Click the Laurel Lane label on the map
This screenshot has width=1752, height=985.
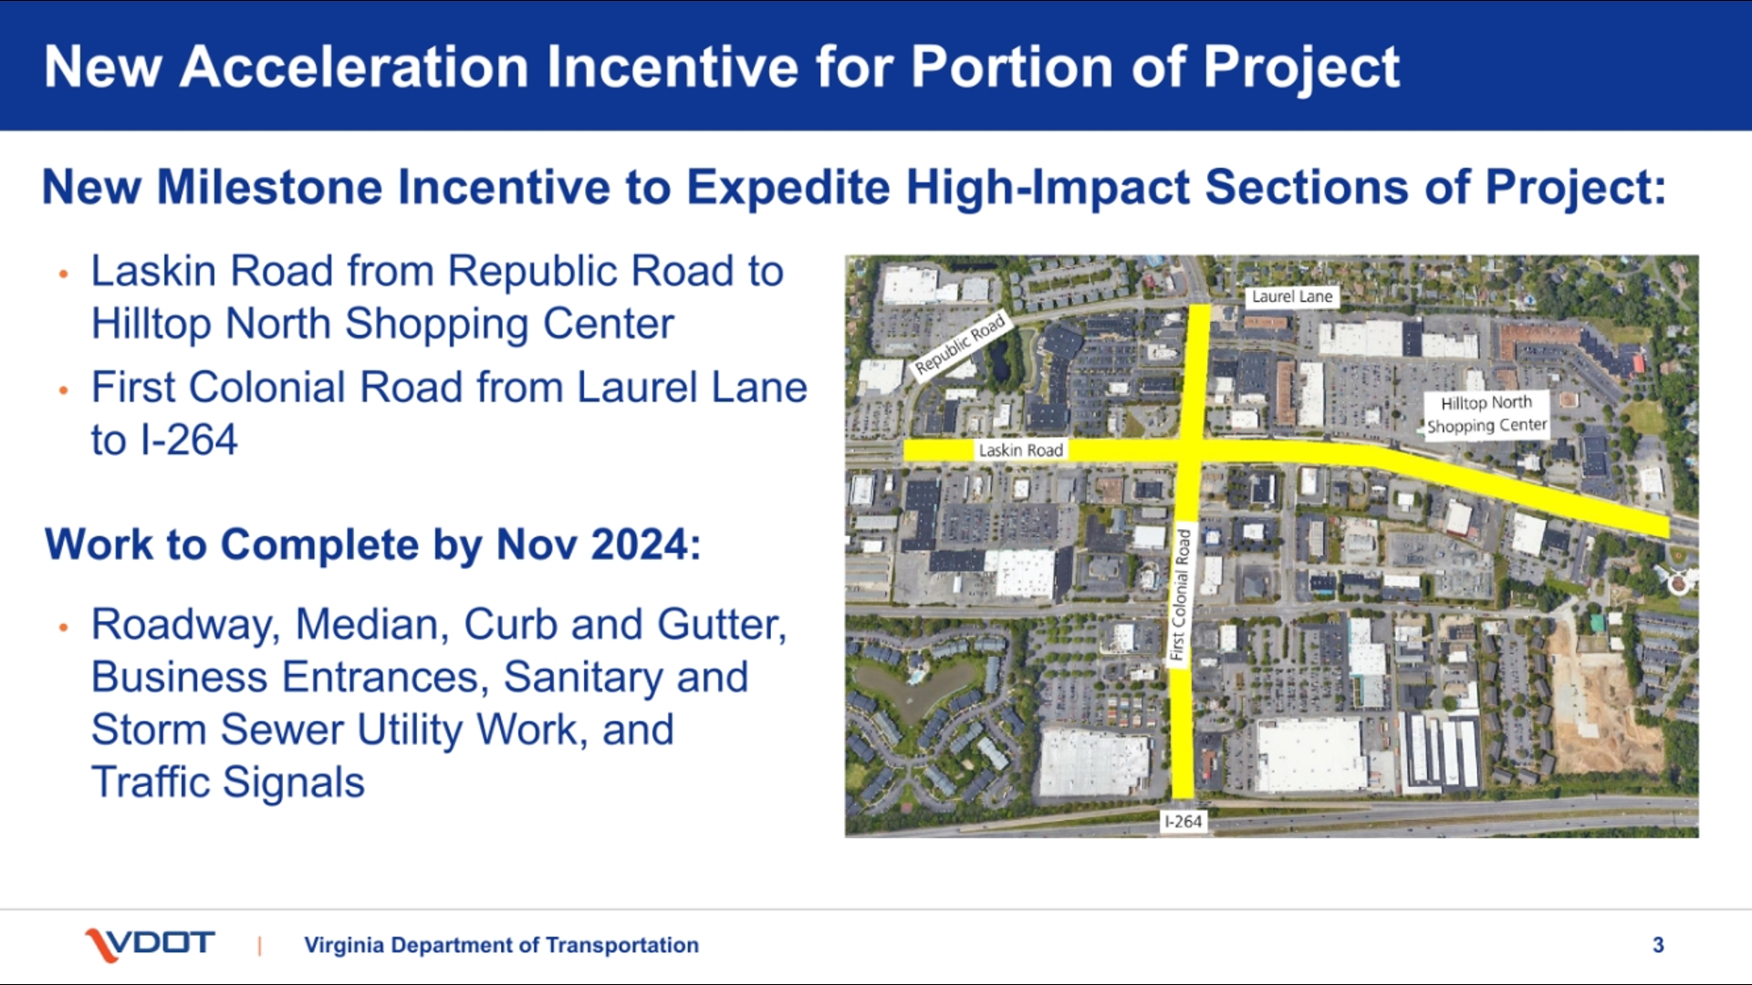[x=1292, y=296]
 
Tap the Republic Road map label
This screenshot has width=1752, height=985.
[x=960, y=345]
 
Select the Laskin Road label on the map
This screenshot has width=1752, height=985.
[x=1020, y=450]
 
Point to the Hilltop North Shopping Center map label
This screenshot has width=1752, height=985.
[x=1487, y=414]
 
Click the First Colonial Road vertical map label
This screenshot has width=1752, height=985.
[x=1181, y=595]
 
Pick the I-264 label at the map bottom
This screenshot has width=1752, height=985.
[x=1184, y=822]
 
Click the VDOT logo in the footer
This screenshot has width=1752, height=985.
[x=150, y=945]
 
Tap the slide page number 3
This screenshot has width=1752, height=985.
[x=1658, y=945]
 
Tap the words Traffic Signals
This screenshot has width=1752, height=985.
[x=228, y=783]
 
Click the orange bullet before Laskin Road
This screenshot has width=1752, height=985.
[x=63, y=274]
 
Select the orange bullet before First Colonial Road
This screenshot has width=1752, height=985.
[x=63, y=390]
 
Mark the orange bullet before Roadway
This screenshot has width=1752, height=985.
[x=63, y=627]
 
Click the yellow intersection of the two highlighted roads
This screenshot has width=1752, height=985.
[x=1192, y=450]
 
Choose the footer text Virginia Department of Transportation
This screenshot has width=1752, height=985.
[x=502, y=945]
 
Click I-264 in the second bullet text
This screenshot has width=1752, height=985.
[x=189, y=441]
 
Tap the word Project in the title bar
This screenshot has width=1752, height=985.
[x=1301, y=68]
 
